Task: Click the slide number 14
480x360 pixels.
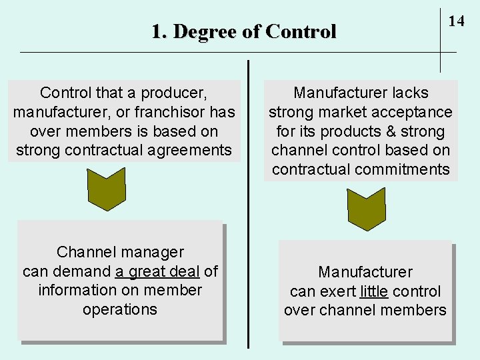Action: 456,21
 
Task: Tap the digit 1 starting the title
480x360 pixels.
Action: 157,31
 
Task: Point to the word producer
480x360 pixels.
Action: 181,93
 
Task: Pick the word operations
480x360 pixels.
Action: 120,309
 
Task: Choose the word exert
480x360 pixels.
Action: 338,291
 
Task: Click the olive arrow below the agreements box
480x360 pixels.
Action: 107,186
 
